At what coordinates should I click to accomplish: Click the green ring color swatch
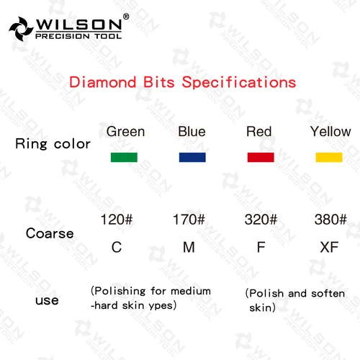(x=123, y=157)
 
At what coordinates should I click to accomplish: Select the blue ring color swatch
(x=192, y=157)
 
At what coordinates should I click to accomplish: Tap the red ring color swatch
(x=260, y=157)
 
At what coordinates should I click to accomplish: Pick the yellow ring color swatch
(x=328, y=157)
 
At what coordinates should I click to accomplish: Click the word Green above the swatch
(x=125, y=132)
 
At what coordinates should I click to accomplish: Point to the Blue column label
(x=192, y=132)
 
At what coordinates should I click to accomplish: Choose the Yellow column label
(x=330, y=132)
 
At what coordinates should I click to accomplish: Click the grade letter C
(x=116, y=248)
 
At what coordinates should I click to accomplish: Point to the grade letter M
(x=189, y=248)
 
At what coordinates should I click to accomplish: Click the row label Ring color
(x=53, y=144)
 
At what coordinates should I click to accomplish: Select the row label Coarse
(x=50, y=233)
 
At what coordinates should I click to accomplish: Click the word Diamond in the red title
(x=98, y=81)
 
